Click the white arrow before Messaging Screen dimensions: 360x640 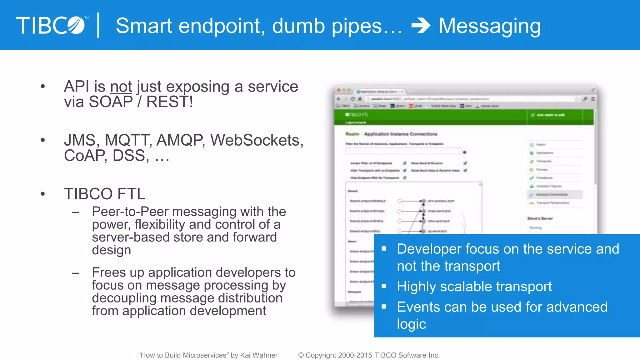click(x=421, y=26)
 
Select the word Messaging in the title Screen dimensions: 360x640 click(x=490, y=26)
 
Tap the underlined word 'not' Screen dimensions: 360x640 click(x=121, y=87)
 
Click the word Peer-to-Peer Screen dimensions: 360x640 click(x=130, y=212)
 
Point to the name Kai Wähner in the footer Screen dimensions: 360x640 click(x=259, y=355)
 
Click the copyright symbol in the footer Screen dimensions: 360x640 click(x=301, y=355)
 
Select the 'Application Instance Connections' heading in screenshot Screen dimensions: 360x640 click(x=401, y=134)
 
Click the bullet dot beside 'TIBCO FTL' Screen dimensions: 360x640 click(x=43, y=194)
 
